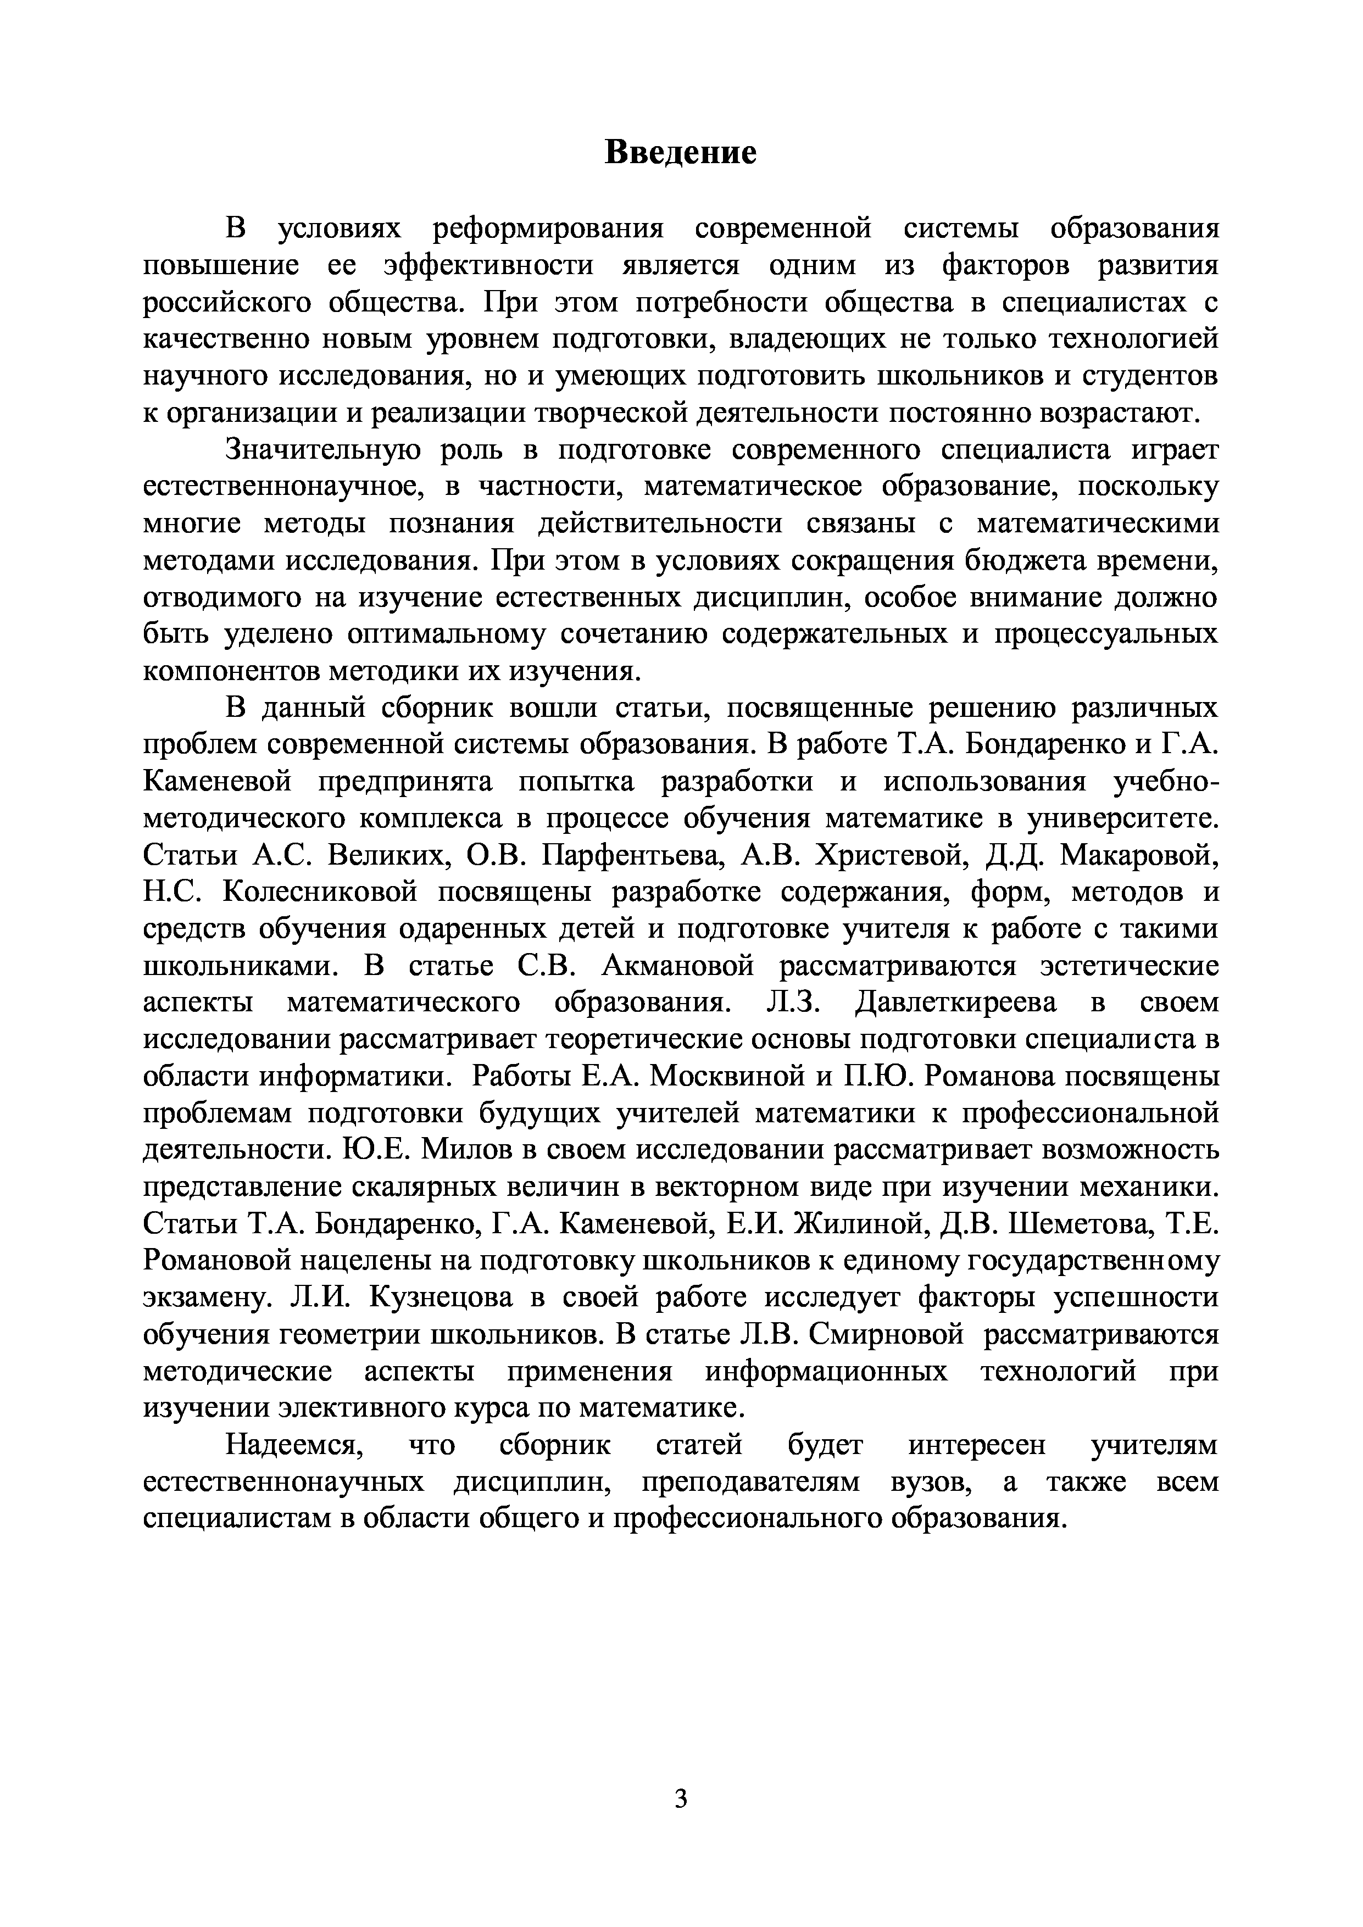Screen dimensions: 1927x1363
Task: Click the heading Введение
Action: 681,153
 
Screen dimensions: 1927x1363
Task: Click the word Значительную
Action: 323,450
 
